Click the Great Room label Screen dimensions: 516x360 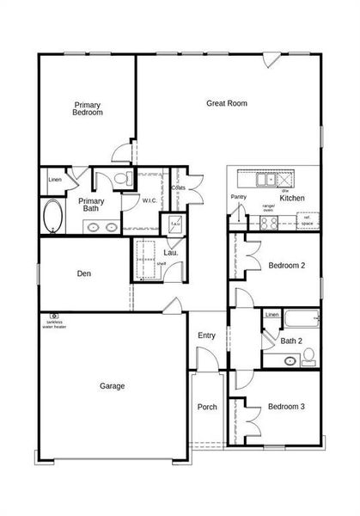tap(227, 103)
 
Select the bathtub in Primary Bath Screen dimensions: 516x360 tap(53, 217)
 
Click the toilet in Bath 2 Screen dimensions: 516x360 tap(309, 355)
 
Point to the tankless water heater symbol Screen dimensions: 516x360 tap(53, 316)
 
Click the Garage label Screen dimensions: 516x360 tap(112, 386)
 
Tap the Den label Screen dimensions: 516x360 tap(84, 274)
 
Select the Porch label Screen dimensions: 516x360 tap(207, 407)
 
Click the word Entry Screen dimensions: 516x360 tap(207, 335)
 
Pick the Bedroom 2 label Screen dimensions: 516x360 tap(286, 266)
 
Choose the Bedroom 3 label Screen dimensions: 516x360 tap(286, 407)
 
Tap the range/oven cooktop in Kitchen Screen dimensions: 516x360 tap(268, 223)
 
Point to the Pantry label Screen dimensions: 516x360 tap(239, 197)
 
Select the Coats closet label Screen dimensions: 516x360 tap(179, 187)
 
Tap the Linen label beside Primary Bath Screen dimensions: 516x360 tap(55, 180)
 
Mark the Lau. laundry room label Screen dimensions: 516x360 tap(170, 253)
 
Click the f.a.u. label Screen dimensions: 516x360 tap(174, 223)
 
